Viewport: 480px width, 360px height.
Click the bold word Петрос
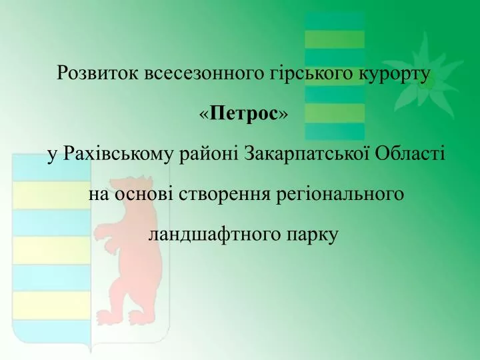coord(243,113)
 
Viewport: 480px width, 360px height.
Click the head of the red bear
coord(131,185)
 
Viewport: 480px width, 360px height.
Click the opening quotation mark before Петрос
coord(204,115)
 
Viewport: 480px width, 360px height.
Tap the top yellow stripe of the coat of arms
coord(51,195)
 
